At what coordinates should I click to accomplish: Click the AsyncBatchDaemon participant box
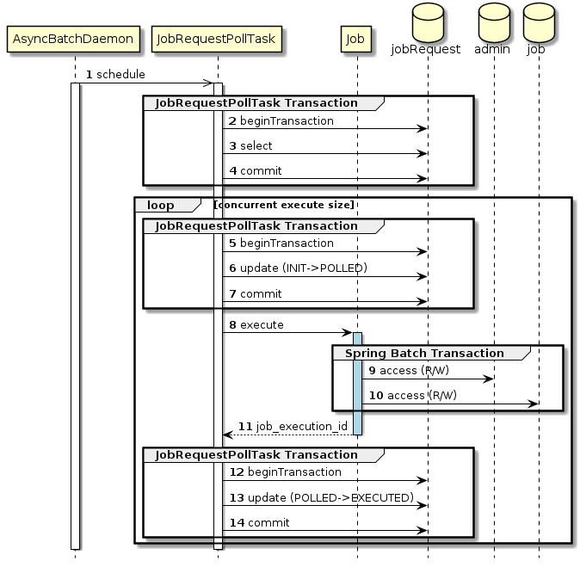74,39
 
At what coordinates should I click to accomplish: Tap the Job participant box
356,39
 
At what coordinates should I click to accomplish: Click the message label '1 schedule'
115,75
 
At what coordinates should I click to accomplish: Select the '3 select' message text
250,145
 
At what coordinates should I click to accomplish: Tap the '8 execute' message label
256,325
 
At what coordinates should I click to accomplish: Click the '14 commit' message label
258,522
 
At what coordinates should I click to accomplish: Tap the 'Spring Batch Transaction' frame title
424,353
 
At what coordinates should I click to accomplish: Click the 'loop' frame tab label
160,205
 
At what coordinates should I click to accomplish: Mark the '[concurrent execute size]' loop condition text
283,205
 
